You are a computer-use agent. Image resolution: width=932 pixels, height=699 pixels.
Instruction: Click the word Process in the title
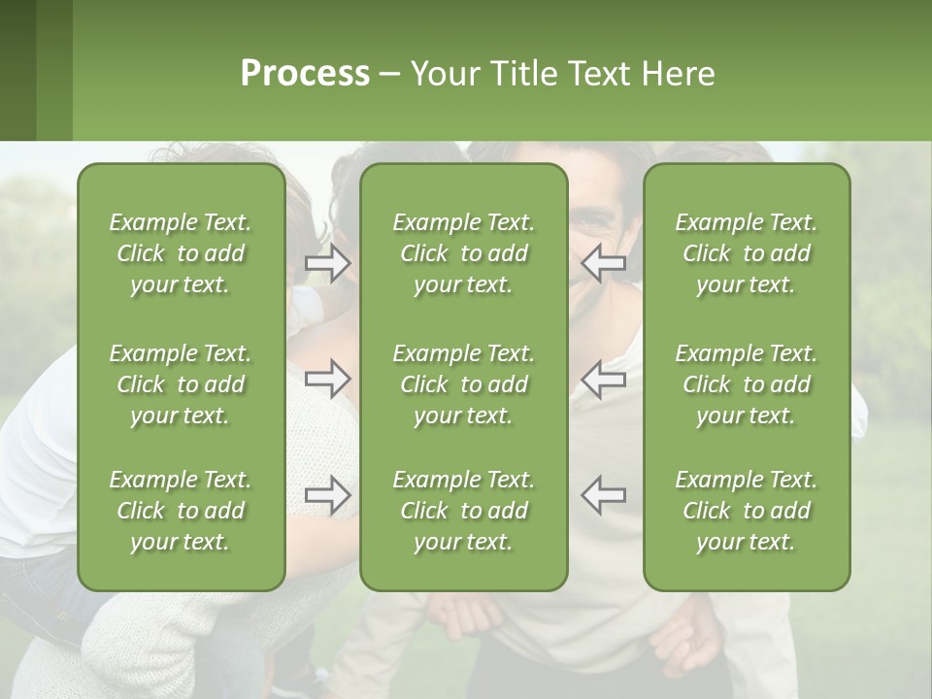click(305, 74)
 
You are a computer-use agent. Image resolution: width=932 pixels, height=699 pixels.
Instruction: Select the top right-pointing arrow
click(328, 263)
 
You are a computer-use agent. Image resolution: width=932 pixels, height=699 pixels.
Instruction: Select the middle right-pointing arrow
click(328, 379)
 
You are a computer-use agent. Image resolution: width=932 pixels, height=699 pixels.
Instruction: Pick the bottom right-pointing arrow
click(328, 495)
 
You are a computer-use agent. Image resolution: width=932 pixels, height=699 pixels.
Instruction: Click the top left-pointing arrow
click(604, 263)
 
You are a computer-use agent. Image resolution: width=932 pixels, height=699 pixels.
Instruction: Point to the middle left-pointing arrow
click(604, 379)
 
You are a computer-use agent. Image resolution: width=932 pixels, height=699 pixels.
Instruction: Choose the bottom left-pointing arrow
click(604, 495)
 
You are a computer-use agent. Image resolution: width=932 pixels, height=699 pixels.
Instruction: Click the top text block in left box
click(181, 253)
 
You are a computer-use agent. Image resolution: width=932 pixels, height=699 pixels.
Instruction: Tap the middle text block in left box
click(181, 384)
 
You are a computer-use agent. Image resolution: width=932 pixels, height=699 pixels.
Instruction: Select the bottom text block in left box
click(181, 511)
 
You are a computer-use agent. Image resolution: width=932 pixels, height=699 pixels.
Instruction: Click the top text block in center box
click(464, 253)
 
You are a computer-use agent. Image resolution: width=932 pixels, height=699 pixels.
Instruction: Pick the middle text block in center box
click(464, 384)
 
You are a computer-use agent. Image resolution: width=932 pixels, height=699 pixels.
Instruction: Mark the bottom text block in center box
click(464, 511)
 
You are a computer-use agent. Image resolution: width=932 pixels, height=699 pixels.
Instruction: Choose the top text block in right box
click(747, 253)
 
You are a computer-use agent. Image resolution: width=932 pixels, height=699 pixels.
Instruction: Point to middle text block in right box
click(747, 384)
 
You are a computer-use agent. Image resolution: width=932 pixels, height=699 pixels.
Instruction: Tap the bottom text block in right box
click(747, 511)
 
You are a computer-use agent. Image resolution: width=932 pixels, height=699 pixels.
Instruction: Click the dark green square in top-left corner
click(17, 70)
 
